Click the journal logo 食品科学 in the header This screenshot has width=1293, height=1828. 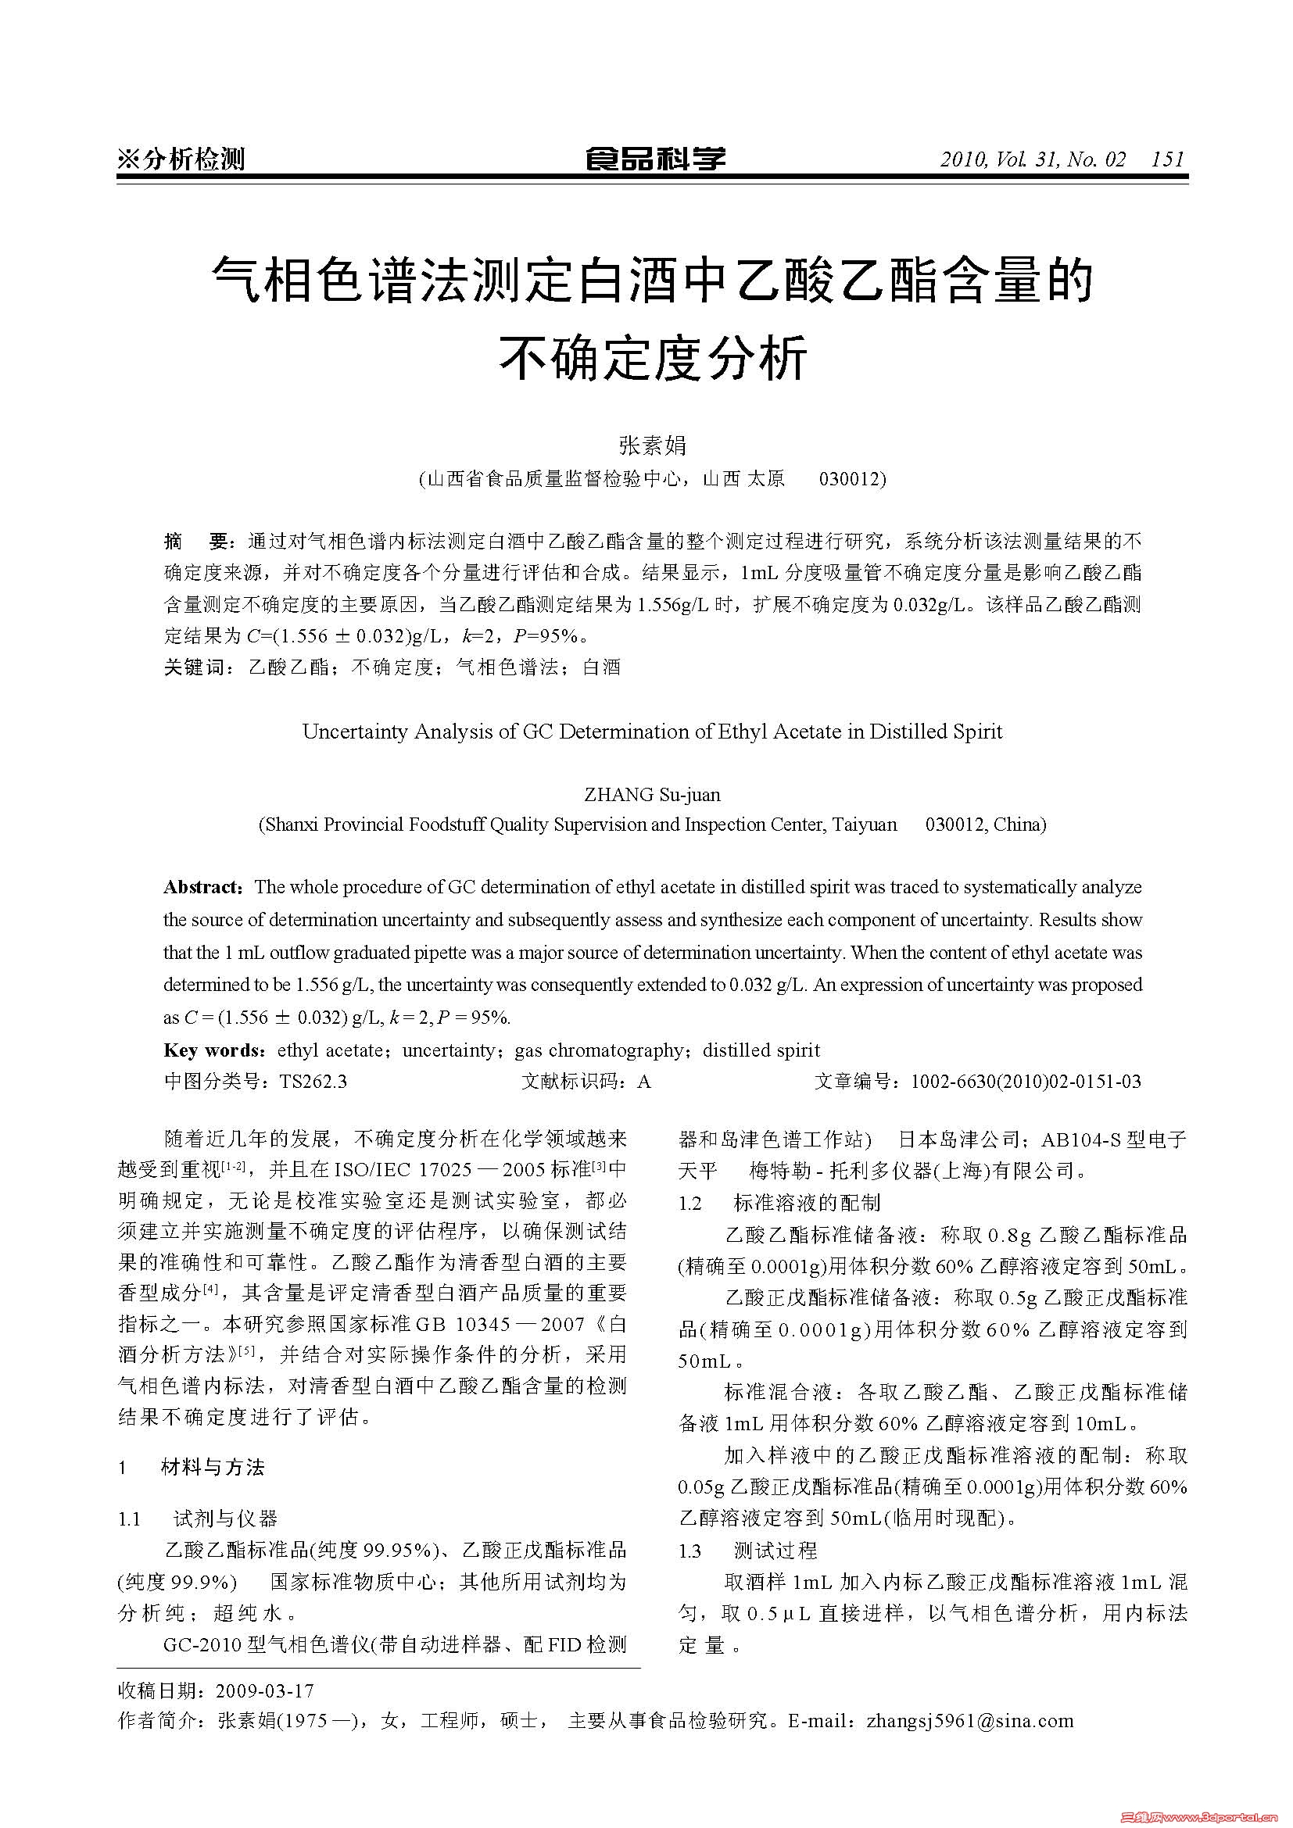pyautogui.click(x=654, y=159)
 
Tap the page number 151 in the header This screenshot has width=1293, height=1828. pyautogui.click(x=1168, y=159)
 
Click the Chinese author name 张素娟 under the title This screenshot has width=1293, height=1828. pyautogui.click(x=653, y=445)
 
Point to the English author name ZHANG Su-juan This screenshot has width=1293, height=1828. pyautogui.click(x=652, y=794)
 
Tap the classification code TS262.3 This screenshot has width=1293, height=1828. pyautogui.click(x=313, y=1081)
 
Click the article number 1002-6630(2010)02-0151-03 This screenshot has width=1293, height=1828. pyautogui.click(x=1026, y=1081)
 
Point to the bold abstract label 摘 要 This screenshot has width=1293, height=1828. pyautogui.click(x=196, y=542)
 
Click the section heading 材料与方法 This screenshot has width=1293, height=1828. pyautogui.click(x=213, y=1468)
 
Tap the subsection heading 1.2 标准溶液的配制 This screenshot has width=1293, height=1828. pyautogui.click(x=779, y=1202)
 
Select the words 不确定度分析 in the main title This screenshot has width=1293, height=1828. pyautogui.click(x=653, y=357)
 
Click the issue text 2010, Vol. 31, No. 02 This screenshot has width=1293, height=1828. pyautogui.click(x=1033, y=159)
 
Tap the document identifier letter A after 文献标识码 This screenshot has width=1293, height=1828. pyautogui.click(x=644, y=1081)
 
